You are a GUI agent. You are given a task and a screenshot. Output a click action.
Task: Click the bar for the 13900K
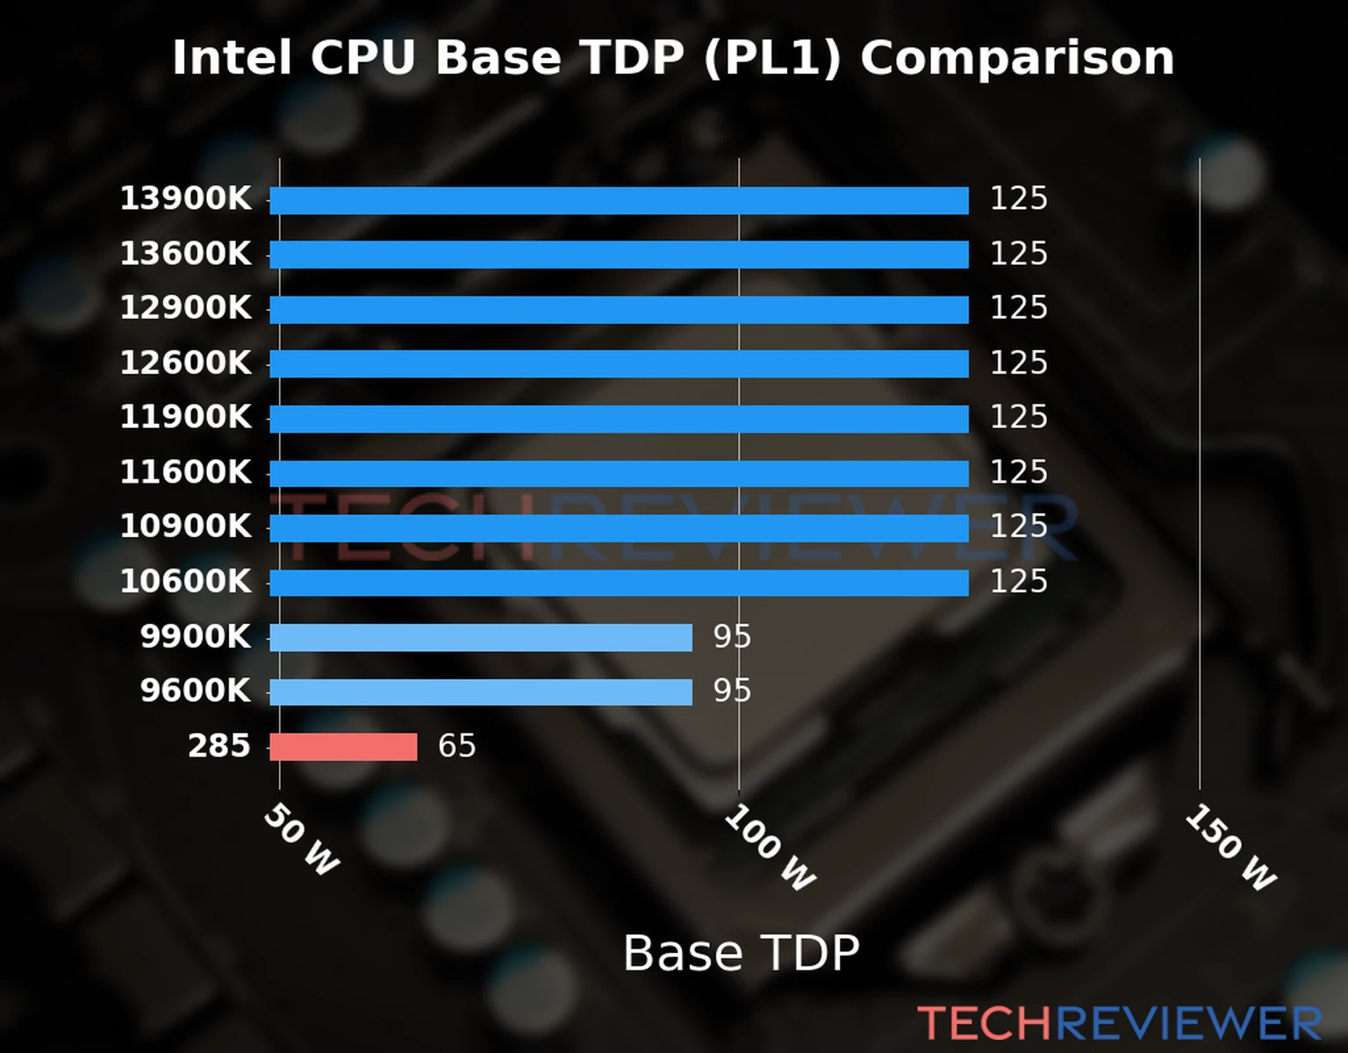[x=619, y=200]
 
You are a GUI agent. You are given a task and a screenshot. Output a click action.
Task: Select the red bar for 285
[x=343, y=747]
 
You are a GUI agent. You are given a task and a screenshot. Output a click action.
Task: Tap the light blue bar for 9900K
[x=481, y=638]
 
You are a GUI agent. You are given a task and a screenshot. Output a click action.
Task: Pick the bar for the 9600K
[x=481, y=692]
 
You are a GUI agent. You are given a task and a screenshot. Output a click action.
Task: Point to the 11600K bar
[x=619, y=474]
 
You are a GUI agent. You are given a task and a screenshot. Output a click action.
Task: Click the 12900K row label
[x=185, y=308]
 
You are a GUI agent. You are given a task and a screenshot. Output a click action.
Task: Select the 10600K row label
[x=185, y=582]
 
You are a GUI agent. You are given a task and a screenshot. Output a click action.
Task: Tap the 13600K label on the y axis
[x=185, y=254]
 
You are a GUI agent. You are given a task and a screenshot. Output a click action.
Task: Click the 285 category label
[x=219, y=746]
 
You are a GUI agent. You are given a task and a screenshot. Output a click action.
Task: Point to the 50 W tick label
[x=301, y=840]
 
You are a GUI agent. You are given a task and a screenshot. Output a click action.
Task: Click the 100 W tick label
[x=770, y=848]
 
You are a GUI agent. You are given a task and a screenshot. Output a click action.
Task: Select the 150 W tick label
[x=1230, y=848]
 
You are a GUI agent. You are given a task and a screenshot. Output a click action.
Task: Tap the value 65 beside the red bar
[x=456, y=746]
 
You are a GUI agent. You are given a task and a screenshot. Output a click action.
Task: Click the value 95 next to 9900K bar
[x=732, y=636]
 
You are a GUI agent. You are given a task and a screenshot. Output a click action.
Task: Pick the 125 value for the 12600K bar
[x=1018, y=363]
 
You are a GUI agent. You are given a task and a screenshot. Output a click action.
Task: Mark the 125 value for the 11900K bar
[x=1018, y=418]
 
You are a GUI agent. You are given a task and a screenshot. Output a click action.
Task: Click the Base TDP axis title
[x=741, y=953]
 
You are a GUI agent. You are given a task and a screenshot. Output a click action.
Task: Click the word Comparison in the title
[x=1016, y=58]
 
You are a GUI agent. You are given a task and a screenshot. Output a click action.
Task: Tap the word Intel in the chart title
[x=232, y=58]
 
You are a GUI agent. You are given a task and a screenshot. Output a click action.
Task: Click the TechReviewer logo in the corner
[x=1119, y=1023]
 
